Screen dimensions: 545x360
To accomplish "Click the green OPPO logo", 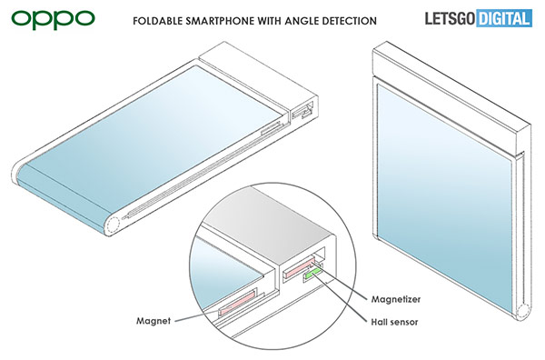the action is [53, 19].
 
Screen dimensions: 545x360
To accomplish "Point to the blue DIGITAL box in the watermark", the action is [504, 18].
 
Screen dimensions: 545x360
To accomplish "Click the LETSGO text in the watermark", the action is [451, 18].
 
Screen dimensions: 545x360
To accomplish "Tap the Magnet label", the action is [154, 321].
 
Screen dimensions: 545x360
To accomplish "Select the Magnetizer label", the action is [395, 299].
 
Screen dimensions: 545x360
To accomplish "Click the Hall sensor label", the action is [394, 322].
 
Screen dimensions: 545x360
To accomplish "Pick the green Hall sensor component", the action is [313, 273].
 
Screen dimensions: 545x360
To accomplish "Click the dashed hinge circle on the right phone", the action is [522, 311].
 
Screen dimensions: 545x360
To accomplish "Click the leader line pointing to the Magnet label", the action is [196, 315].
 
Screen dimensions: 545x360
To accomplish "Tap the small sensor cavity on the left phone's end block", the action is [302, 110].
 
